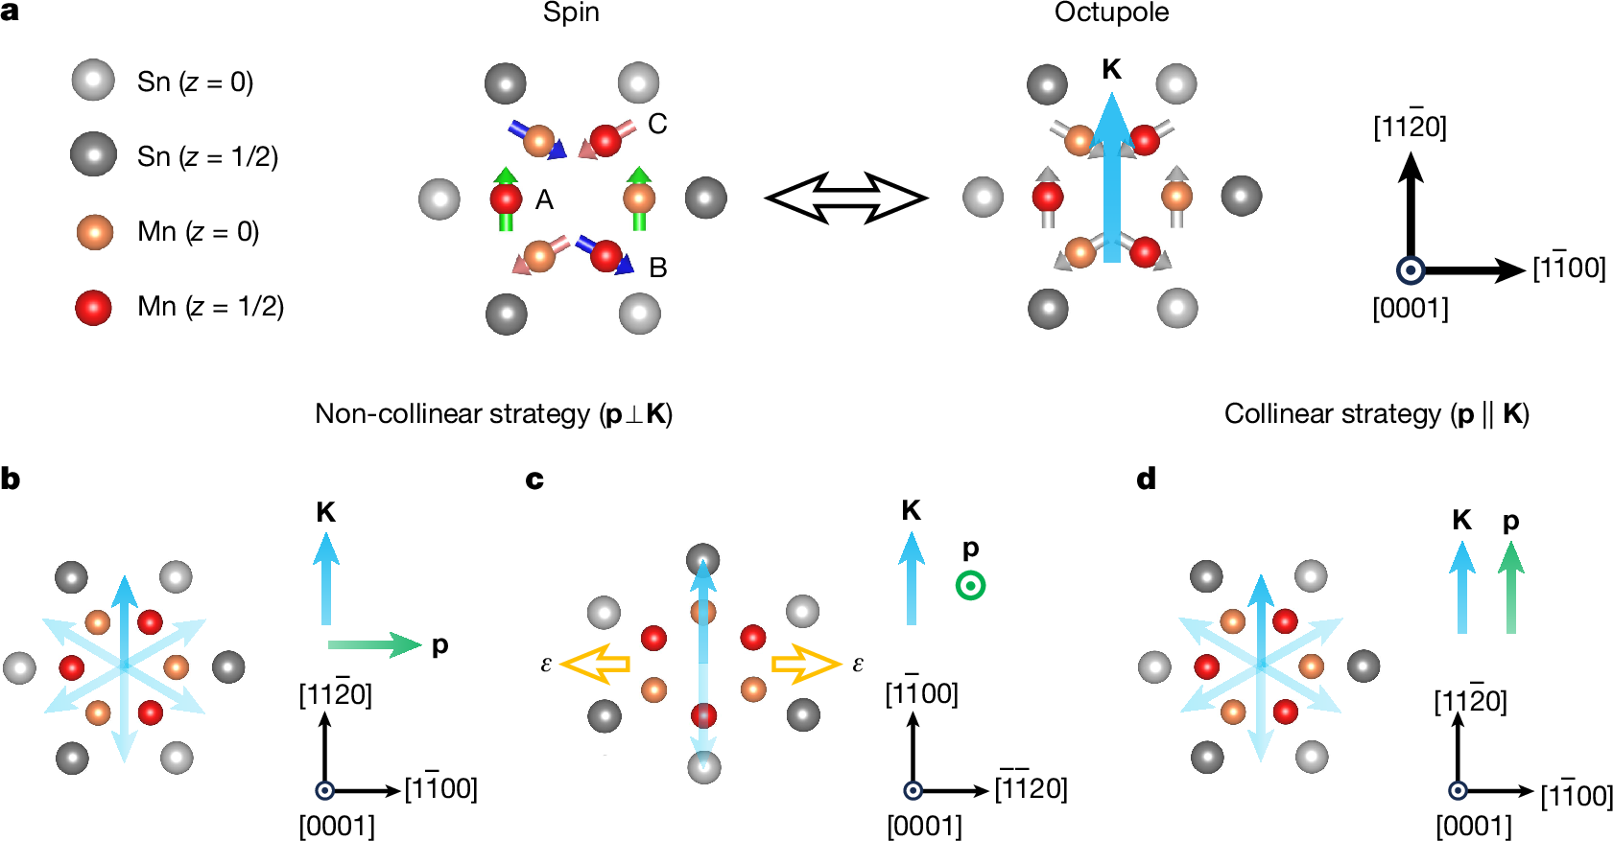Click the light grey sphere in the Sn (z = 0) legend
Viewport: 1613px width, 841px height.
tap(93, 81)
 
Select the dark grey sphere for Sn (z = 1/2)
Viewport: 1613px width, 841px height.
tap(93, 155)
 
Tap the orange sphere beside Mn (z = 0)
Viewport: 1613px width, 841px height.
tap(94, 231)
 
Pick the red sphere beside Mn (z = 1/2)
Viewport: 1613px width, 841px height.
tap(93, 307)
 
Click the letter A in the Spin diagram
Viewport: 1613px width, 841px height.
tap(544, 199)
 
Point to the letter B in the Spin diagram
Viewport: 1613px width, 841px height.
tap(657, 268)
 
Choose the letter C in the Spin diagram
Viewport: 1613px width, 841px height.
tap(657, 124)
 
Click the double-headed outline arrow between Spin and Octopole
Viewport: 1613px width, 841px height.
tap(845, 198)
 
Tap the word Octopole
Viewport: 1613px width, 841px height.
tap(1111, 12)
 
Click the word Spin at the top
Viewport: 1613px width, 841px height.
tap(571, 12)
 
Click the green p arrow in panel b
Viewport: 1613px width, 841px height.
tap(374, 644)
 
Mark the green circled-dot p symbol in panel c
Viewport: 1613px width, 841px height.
tap(970, 585)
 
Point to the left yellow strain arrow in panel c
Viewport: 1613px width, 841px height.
tap(595, 664)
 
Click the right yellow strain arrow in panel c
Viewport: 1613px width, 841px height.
tap(806, 664)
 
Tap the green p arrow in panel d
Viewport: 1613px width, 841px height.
tap(1510, 587)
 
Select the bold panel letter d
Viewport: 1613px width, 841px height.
tap(1146, 479)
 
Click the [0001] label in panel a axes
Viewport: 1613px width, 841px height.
tap(1410, 309)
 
